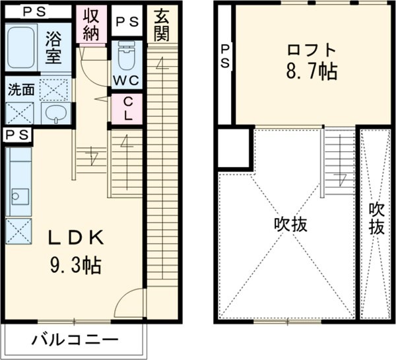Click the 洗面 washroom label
(x=22, y=90)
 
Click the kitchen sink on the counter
(x=18, y=197)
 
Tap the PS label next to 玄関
(x=127, y=22)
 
